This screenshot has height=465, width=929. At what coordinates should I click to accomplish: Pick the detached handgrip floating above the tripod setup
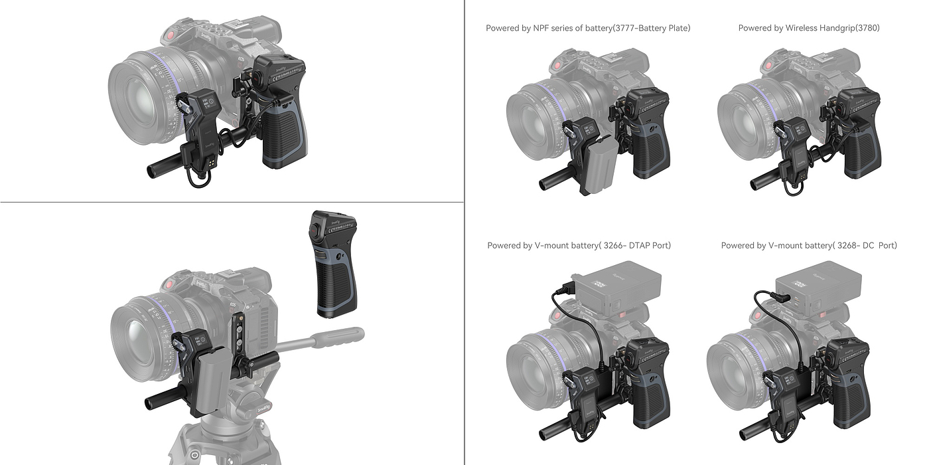click(x=332, y=264)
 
